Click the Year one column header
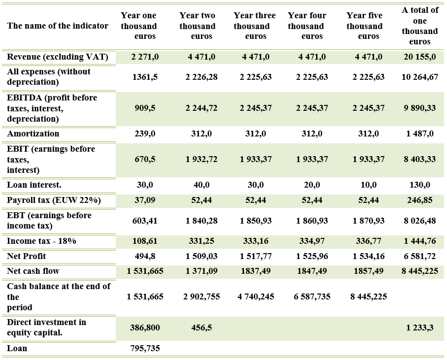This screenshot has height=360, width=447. point(138,26)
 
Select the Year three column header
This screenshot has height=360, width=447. point(254,26)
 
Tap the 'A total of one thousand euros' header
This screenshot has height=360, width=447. point(419,26)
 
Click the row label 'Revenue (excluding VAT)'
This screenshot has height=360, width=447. point(58,57)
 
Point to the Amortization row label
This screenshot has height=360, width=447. point(33,134)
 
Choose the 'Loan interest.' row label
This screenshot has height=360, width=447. point(34,185)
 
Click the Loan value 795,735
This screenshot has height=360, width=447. point(145,349)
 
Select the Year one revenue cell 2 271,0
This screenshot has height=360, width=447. point(145,57)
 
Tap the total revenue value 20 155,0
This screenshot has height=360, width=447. point(420,57)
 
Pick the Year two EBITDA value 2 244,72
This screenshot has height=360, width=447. point(201,108)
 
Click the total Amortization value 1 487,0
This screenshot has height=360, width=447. point(420,134)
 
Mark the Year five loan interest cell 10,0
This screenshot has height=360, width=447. point(369,185)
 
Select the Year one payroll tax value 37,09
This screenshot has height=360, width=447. point(145,200)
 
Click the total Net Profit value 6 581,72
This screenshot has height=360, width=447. point(420,257)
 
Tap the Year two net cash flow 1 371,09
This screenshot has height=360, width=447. point(201,271)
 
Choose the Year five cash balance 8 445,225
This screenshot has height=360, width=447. point(369,297)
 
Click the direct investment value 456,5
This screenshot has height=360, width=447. point(201,328)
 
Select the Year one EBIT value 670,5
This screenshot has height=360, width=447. point(145,160)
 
